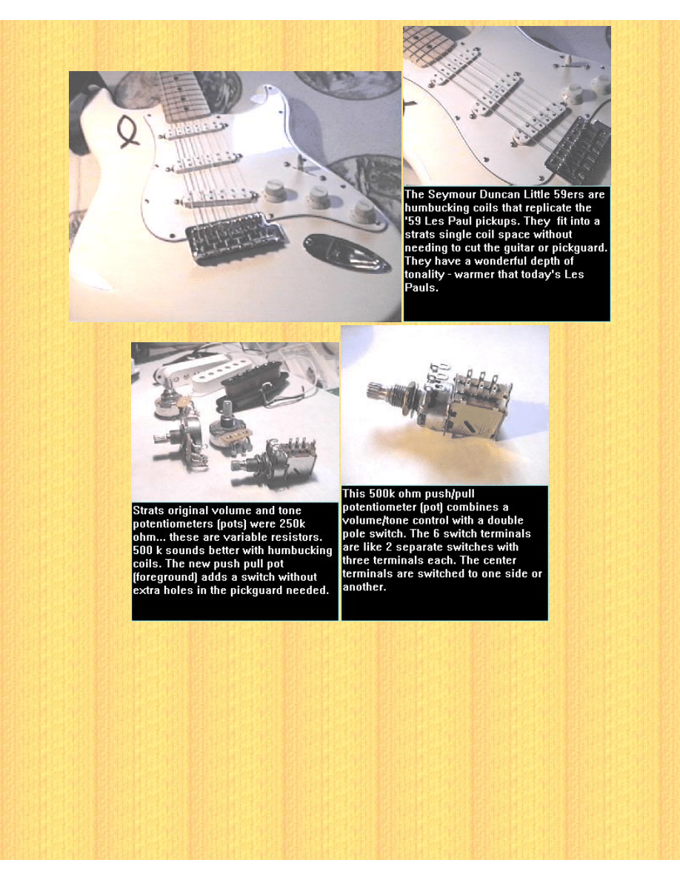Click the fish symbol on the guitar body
click(127, 131)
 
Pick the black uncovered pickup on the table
click(253, 384)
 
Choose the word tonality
click(424, 274)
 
